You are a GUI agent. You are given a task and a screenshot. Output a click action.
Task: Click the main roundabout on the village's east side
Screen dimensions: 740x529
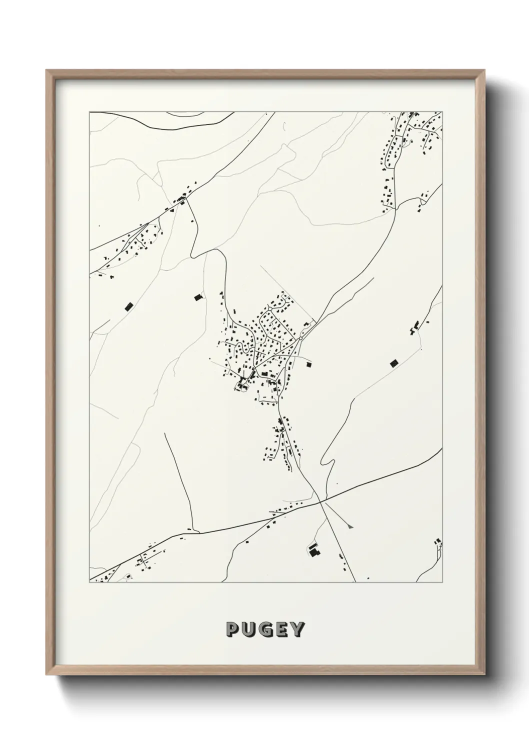click(300, 339)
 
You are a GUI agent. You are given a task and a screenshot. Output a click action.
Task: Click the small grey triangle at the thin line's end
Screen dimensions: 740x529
click(351, 525)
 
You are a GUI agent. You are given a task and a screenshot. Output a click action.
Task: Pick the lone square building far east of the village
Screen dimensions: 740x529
click(393, 363)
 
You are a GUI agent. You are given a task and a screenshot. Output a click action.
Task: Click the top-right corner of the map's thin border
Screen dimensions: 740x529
click(442, 112)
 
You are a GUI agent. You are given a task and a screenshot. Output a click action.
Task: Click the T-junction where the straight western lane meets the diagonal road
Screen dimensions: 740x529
click(194, 532)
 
